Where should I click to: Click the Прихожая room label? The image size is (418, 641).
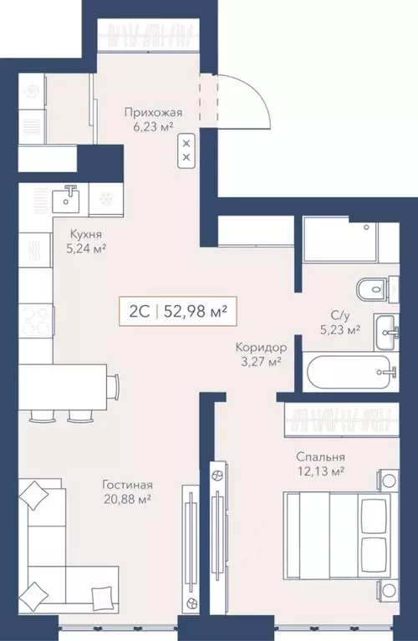pos(153,113)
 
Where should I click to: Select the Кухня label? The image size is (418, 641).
pos(86,235)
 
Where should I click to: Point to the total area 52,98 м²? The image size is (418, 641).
pos(196,312)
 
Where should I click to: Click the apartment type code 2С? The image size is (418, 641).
pos(137,312)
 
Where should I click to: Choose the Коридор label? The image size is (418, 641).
pos(261,348)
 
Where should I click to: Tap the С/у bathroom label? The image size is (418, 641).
pos(340,315)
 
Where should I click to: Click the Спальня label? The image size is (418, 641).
pos(321,456)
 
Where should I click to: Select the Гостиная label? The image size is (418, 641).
pos(127,485)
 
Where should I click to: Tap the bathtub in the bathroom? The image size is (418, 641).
pos(349,372)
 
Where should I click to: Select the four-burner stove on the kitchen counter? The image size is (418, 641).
pos(37,320)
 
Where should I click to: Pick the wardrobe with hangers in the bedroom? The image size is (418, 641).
pos(342,420)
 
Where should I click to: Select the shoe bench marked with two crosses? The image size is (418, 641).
pos(187,150)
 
